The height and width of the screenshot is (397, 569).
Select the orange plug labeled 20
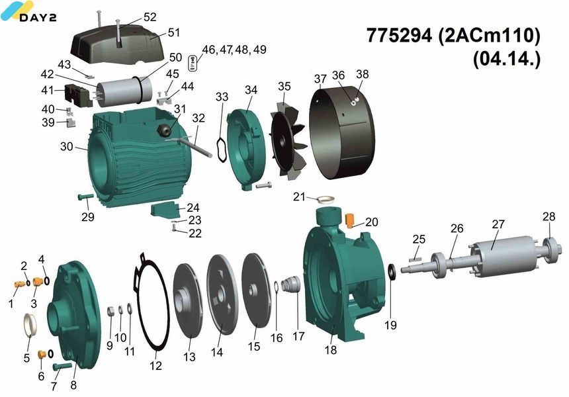(x=350, y=220)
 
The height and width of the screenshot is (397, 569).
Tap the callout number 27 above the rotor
(x=498, y=224)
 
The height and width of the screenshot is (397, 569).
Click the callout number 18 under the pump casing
(x=331, y=350)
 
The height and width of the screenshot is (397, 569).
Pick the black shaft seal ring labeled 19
(x=392, y=272)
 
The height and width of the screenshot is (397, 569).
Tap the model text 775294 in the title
(x=399, y=36)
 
